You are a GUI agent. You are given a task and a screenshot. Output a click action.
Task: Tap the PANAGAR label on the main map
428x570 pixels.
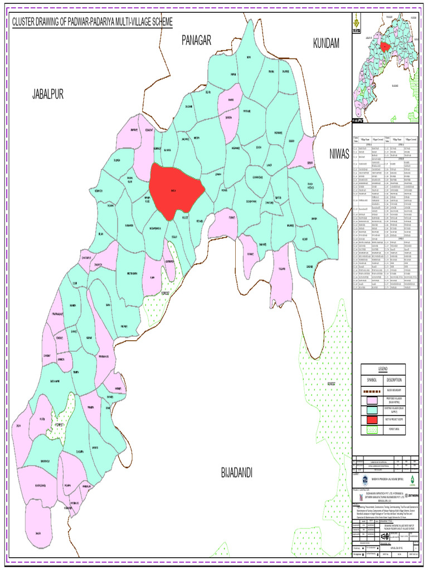click(197, 40)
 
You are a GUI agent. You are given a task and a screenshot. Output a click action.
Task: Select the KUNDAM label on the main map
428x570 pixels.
click(326, 43)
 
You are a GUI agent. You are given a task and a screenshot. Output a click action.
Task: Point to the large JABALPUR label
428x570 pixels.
click(47, 94)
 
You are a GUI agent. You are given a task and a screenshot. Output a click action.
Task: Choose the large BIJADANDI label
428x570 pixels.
click(237, 473)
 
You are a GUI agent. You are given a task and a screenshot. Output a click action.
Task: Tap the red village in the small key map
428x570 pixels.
click(385, 47)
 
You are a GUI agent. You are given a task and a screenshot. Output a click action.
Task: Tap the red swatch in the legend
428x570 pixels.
click(371, 420)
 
